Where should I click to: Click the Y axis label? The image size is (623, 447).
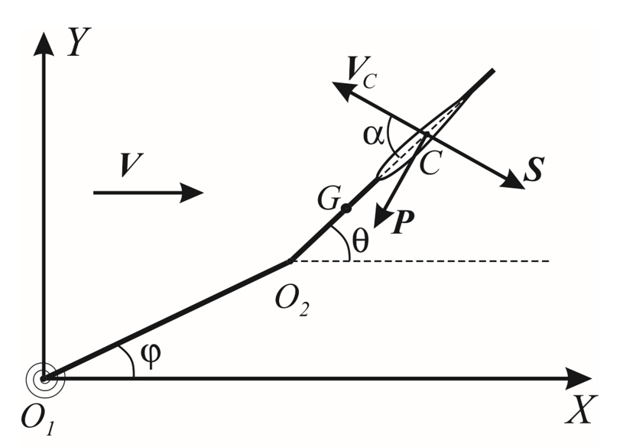pos(79,41)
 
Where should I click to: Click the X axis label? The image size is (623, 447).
pos(581,410)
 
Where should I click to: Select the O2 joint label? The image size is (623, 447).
pos(292,303)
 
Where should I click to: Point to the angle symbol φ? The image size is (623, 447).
pos(151,355)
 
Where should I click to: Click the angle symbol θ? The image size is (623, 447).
pos(360,241)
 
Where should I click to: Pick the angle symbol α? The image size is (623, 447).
pos(374,136)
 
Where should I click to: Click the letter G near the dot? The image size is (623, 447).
pos(329,198)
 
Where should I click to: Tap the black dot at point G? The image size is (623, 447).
pos(346,208)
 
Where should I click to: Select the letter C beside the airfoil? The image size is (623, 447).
pos(430,164)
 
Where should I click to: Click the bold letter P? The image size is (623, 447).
pos(403,222)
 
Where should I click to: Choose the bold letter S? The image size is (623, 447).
pos(534,170)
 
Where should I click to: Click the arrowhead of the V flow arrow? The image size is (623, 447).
pos(192,193)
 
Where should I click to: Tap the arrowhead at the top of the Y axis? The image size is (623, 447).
pos(44,43)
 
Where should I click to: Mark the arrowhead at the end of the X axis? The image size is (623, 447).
pos(579,378)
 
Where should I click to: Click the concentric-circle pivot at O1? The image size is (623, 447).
pos(45,378)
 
